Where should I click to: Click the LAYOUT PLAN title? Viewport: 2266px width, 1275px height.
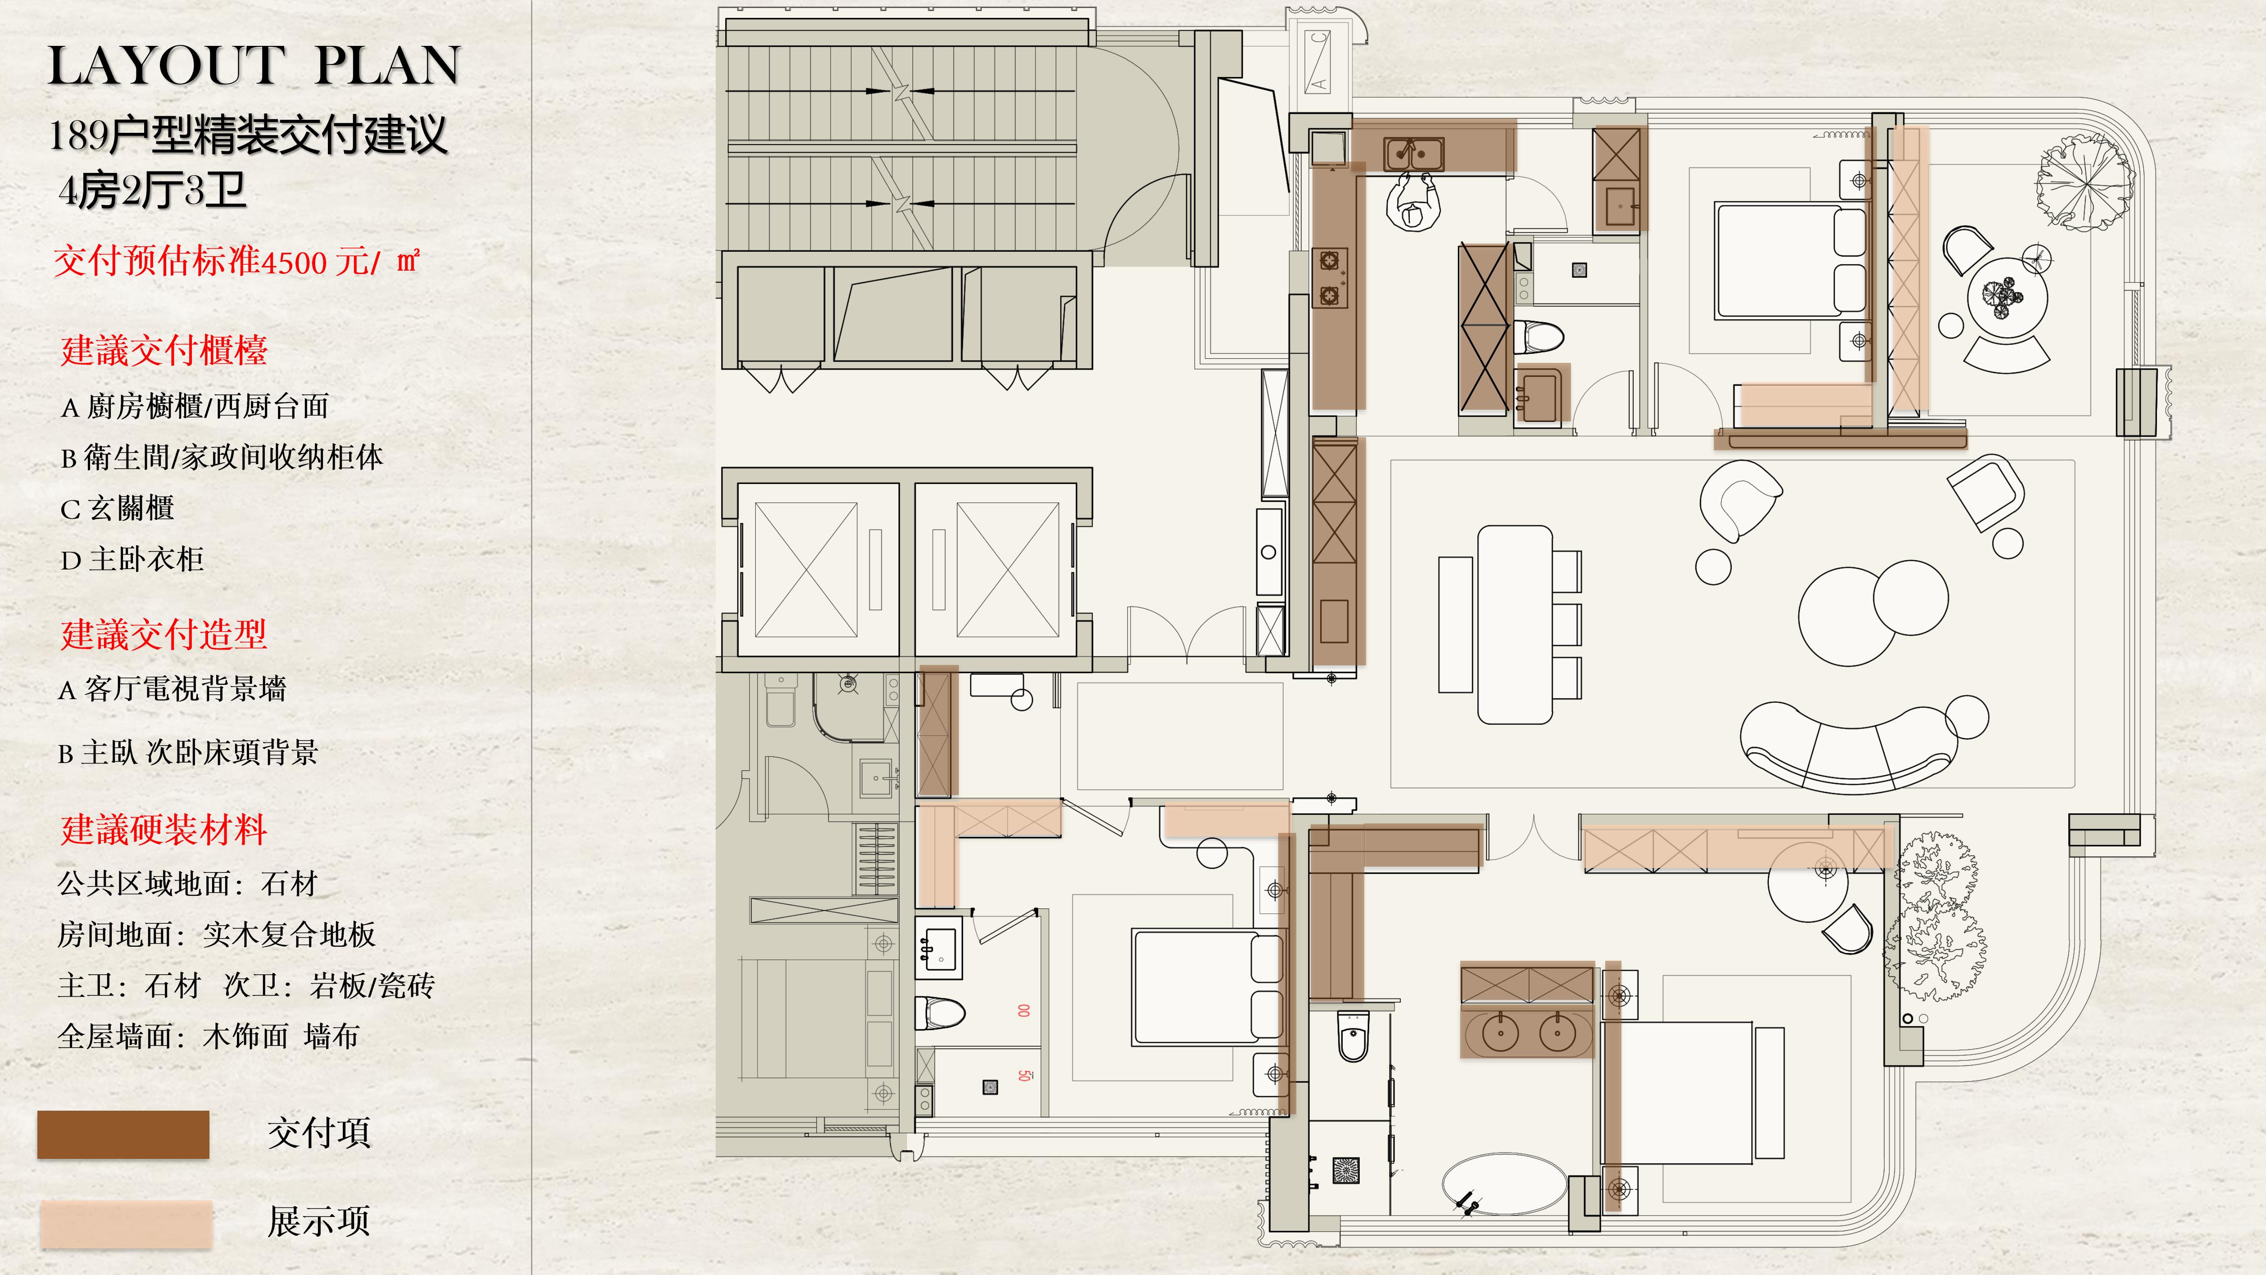tap(253, 66)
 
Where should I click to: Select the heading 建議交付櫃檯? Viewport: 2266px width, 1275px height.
tap(163, 350)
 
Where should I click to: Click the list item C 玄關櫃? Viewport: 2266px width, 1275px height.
tap(117, 508)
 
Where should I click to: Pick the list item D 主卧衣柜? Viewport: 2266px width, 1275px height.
tap(132, 559)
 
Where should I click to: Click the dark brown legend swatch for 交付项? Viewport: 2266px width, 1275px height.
tap(123, 1135)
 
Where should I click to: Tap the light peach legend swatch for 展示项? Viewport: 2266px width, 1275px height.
tap(127, 1224)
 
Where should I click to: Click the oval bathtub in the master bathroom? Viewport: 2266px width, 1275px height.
tap(1504, 1184)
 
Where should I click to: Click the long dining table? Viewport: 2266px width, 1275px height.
tap(1515, 624)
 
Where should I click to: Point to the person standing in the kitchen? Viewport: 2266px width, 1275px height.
tap(1413, 202)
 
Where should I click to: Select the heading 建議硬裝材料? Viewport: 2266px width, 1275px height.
tap(163, 829)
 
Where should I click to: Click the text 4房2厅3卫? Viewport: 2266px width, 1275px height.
tap(151, 191)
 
